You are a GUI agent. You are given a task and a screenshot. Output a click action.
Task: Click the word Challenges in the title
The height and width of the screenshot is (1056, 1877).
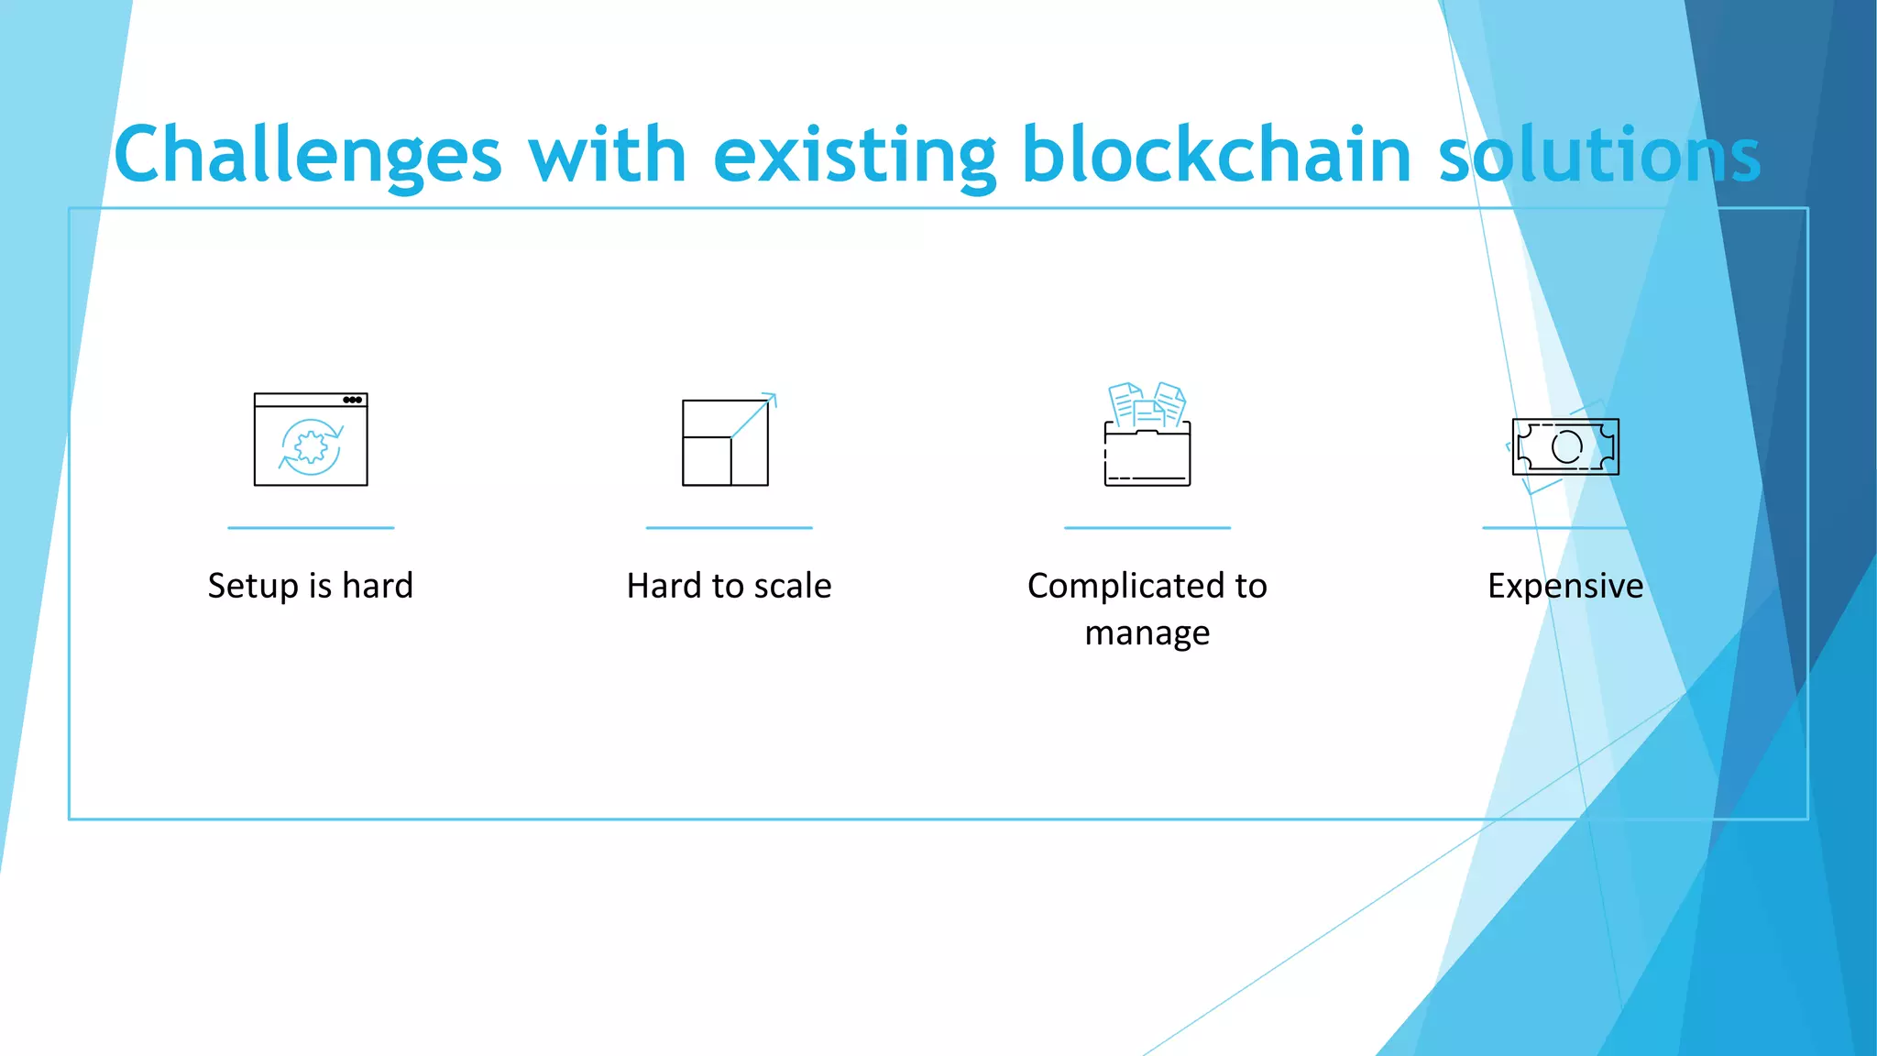click(308, 156)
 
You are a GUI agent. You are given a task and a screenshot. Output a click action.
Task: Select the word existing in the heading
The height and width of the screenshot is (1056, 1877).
click(854, 156)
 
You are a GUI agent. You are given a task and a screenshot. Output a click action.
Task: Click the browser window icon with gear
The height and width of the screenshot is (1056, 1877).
click(311, 439)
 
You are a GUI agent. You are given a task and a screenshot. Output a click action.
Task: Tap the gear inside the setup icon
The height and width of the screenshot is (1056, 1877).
click(312, 447)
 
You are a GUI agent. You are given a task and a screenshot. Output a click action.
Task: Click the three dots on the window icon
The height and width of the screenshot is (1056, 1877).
click(352, 400)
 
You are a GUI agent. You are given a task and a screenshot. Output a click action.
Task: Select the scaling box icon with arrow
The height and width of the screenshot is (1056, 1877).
click(726, 442)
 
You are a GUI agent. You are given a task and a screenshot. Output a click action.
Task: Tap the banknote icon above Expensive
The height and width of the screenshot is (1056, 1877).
click(1565, 446)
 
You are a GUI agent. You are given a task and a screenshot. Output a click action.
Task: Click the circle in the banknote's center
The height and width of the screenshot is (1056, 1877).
click(1566, 446)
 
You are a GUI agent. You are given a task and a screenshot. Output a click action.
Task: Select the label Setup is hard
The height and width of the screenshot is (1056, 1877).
click(311, 586)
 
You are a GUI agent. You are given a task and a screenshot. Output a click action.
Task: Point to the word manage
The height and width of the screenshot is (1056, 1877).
click(1147, 633)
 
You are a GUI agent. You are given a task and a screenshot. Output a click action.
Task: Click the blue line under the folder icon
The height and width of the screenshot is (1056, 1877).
click(1147, 528)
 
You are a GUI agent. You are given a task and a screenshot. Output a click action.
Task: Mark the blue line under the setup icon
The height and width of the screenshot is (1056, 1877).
click(311, 528)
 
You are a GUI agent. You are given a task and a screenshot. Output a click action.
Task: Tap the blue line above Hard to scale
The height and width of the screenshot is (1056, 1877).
click(730, 528)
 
